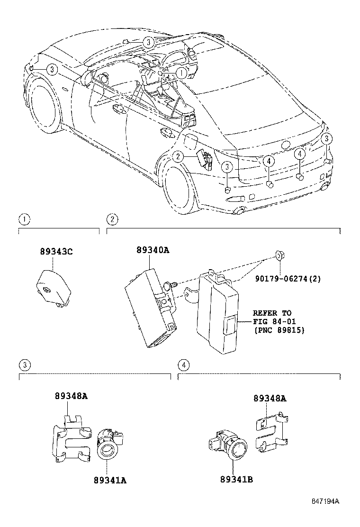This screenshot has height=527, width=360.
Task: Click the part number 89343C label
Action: click(x=56, y=253)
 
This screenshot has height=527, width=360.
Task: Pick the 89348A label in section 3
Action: click(x=71, y=396)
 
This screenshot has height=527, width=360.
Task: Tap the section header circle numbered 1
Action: click(x=23, y=219)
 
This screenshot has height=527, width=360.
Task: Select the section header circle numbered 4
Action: click(x=183, y=365)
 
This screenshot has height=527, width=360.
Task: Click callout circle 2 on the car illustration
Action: click(x=178, y=156)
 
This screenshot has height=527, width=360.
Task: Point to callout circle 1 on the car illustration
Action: click(x=182, y=73)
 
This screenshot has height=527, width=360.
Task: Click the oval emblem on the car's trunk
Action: click(x=286, y=146)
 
